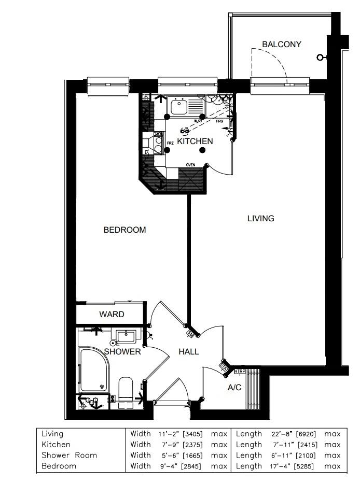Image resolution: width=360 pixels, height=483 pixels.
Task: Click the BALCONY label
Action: click(x=281, y=45)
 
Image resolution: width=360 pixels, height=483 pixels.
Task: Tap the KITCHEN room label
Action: click(x=195, y=141)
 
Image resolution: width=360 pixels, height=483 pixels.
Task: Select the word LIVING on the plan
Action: click(x=260, y=219)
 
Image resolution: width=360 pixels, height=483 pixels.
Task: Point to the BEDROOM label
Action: click(x=124, y=230)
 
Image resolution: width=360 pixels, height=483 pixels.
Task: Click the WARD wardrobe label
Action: click(x=112, y=315)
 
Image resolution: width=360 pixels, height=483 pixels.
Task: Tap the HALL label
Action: click(x=189, y=351)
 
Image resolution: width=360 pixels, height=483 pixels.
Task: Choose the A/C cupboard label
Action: click(x=234, y=388)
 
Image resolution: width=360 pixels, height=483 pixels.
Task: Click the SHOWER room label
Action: click(x=122, y=351)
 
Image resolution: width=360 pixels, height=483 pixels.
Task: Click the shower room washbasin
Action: click(x=126, y=337)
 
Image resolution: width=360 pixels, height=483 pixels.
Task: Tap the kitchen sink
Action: click(x=179, y=107)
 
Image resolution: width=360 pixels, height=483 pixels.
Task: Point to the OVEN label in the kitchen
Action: click(x=191, y=165)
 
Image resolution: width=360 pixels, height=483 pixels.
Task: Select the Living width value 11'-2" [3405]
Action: click(x=181, y=434)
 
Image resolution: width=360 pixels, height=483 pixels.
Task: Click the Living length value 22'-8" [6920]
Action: click(x=288, y=434)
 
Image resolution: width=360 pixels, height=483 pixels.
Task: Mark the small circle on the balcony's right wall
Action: click(x=321, y=57)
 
